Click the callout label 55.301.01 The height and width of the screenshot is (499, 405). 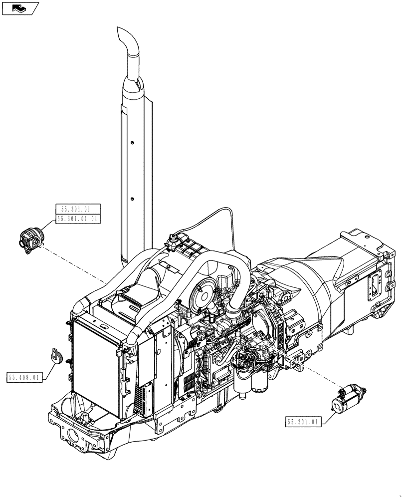pyautogui.click(x=78, y=209)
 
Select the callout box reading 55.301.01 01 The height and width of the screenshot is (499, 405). pyautogui.click(x=78, y=219)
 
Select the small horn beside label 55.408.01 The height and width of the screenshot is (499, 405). pyautogui.click(x=56, y=357)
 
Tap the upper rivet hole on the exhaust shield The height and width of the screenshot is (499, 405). pyautogui.click(x=132, y=144)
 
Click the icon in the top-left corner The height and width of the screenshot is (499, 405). pyautogui.click(x=20, y=8)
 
